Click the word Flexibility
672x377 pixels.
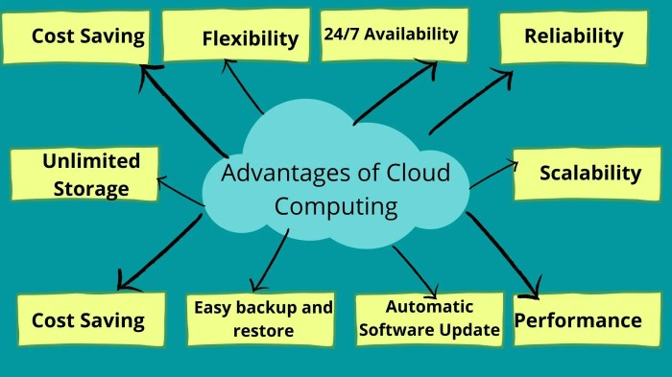tap(251, 38)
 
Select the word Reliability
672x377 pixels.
tap(574, 36)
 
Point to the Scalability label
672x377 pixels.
tap(589, 173)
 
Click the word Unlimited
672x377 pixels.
tap(91, 160)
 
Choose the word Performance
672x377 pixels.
tap(578, 319)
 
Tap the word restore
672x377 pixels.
tap(264, 331)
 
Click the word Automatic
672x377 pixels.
tap(429, 307)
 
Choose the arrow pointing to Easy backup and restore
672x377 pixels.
tap(270, 258)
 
